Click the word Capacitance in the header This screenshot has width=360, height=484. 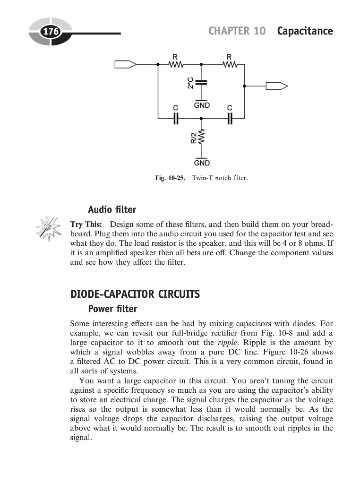305,31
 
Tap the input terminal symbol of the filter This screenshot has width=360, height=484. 126,64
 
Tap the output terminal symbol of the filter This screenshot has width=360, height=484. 276,86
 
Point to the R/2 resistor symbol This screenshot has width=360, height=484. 202,138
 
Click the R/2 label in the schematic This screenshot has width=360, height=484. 193,138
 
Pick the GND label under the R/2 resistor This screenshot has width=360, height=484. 202,163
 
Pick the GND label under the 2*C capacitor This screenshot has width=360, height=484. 202,104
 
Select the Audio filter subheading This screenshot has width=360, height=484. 112,209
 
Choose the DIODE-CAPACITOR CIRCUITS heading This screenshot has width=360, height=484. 135,294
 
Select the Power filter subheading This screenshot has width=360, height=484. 112,309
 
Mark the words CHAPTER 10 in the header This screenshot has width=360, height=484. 237,31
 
